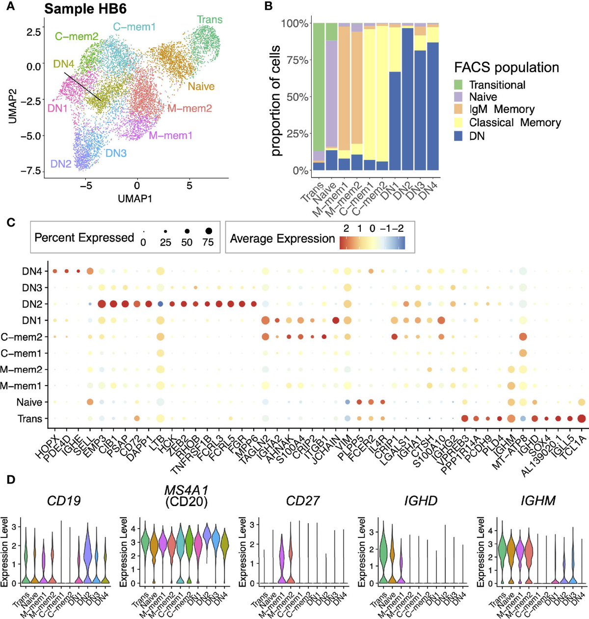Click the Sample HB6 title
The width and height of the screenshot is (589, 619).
85,9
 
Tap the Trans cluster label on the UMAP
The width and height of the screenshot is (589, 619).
210,20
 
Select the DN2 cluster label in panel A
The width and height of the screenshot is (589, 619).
61,164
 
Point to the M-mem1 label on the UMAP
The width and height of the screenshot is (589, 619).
171,135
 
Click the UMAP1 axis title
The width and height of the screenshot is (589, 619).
135,198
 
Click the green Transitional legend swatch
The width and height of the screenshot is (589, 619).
458,85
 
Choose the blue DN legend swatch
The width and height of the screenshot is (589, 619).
458,136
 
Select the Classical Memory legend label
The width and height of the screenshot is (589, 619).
515,123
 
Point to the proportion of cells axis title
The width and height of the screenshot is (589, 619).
276,101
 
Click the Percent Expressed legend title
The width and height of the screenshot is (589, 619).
84,238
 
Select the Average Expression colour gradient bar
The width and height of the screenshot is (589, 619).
372,242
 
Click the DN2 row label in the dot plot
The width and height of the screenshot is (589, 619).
32,304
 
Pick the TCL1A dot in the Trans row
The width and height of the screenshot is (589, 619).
582,419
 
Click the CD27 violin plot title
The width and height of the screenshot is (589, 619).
303,501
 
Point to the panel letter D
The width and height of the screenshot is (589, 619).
11,479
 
